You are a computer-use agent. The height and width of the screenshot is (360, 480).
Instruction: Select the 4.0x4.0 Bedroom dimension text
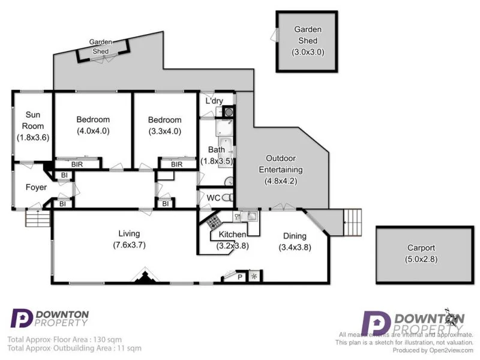(93, 130)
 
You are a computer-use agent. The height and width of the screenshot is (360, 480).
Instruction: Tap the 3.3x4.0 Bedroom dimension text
(164, 130)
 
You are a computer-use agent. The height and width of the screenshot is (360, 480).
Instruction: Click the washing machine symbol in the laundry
(229, 112)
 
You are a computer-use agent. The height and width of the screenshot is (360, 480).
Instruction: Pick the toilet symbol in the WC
(226, 197)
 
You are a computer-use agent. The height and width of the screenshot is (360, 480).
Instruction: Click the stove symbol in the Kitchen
(214, 222)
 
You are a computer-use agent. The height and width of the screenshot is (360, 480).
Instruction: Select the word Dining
(292, 236)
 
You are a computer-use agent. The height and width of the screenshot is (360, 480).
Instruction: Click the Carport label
(421, 248)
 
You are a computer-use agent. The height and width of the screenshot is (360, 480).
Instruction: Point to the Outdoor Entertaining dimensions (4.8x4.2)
(281, 180)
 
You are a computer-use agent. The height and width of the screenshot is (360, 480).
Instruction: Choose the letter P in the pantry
(240, 277)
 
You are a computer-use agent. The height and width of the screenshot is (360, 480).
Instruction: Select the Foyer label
(36, 187)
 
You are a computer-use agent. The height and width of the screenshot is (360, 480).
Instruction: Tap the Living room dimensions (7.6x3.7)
(129, 245)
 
